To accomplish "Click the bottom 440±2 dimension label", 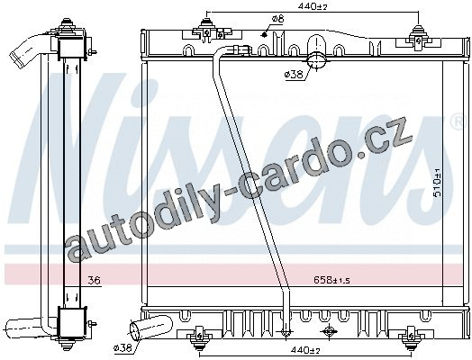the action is click(304, 350).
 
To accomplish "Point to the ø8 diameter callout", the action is click(277, 19).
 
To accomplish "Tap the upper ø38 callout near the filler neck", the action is click(294, 75).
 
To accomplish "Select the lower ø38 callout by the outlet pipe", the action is click(123, 348).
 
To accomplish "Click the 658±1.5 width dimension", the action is click(332, 280).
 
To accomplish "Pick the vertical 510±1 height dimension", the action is click(437, 183).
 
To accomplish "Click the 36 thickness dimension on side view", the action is click(94, 281).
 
